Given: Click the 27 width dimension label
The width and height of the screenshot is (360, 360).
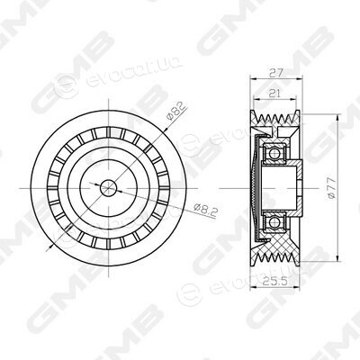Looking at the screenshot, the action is coord(276,73).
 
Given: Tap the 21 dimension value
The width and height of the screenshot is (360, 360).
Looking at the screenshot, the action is coord(274,94).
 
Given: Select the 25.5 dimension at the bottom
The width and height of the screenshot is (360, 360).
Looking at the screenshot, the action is coord(275,281).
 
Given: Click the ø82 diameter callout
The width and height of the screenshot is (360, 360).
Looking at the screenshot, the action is coord(176,112).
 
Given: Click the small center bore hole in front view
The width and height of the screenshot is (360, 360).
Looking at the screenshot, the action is coord(108,188).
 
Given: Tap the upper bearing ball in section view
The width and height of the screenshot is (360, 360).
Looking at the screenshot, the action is coord(274,154).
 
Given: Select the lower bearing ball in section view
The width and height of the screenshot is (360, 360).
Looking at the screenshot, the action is coord(274,222).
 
